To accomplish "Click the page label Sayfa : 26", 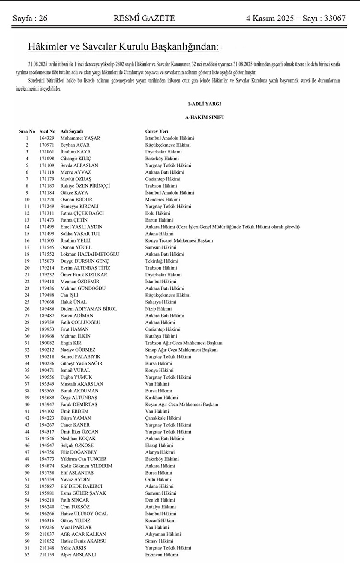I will click(x=30, y=19).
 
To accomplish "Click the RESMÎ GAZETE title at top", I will click(x=144, y=19).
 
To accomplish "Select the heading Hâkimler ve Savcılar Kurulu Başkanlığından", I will click(x=123, y=47).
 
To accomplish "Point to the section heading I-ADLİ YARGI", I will click(x=204, y=104).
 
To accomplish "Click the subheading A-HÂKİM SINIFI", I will click(x=204, y=117).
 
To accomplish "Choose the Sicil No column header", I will click(x=47, y=131).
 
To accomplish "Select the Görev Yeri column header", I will click(x=157, y=131).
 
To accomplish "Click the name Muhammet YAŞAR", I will click(x=80, y=138).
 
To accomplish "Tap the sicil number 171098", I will click(x=47, y=159).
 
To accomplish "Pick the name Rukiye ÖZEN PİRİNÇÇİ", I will click(x=85, y=186).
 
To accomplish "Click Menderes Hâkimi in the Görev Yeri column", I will click(x=163, y=200).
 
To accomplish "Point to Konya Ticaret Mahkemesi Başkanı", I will click(x=179, y=240).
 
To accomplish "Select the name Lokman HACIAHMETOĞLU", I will click(x=90, y=254).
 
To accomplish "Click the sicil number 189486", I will click(x=47, y=309).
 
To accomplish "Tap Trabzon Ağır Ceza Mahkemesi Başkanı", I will click(x=184, y=343).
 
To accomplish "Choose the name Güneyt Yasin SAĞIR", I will click(x=81, y=363).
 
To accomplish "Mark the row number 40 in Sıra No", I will click(x=27, y=404).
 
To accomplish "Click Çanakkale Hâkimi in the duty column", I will click(x=163, y=418).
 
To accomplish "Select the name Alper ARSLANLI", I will click(x=78, y=555).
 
